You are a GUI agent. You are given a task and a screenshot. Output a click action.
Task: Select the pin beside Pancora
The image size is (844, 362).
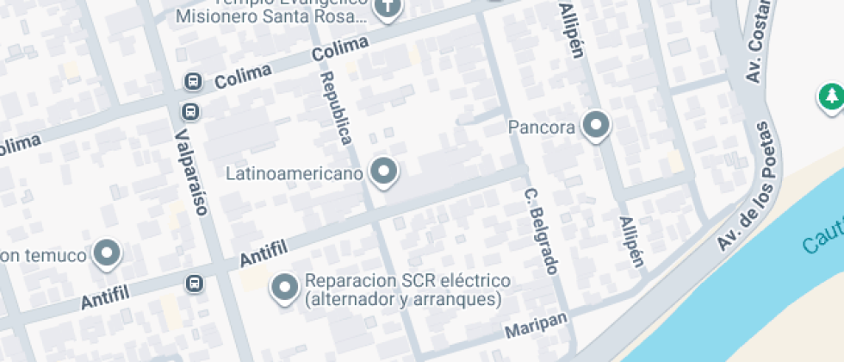pos(595,125)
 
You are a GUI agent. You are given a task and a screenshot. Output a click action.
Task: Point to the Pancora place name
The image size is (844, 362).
pos(542,128)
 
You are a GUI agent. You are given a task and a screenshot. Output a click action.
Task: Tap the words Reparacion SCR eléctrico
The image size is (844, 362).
pos(407,282)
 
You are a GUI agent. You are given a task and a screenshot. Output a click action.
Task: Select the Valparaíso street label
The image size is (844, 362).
pos(192,172)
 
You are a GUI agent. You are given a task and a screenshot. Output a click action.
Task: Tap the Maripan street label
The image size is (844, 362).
pos(537,326)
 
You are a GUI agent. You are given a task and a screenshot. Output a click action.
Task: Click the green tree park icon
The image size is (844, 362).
pos(830,96)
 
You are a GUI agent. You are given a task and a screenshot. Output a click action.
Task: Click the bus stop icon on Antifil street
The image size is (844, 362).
pos(195,284)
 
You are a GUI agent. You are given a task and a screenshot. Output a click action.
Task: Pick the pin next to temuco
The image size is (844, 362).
pos(108,253)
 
